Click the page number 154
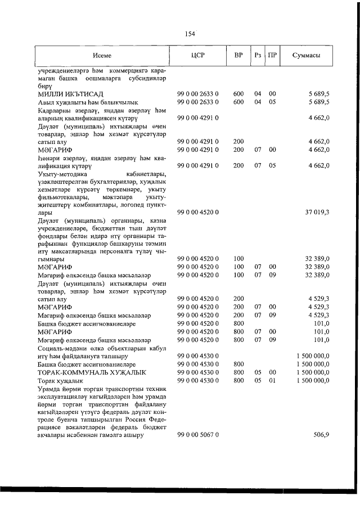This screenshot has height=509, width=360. click(x=190, y=33)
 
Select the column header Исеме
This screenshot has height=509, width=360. click(x=102, y=56)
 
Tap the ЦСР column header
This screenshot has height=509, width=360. click(x=197, y=56)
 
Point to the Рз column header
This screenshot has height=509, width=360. click(x=258, y=56)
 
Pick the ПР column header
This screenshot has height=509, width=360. click(x=272, y=56)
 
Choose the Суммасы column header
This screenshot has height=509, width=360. click(x=307, y=56)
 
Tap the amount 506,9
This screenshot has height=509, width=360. click(x=321, y=435)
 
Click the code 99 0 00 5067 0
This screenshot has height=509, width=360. click(x=197, y=435)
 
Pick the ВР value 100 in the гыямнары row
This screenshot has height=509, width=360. click(x=238, y=258)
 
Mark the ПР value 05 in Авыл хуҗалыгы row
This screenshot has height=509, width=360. click(x=272, y=102)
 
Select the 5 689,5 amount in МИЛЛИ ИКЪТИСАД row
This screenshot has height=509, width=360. click(x=318, y=93)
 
